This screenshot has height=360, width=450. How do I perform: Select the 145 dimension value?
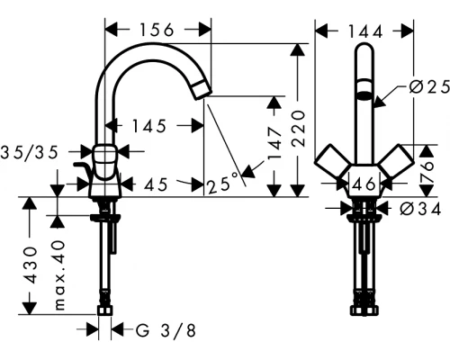point(147,127)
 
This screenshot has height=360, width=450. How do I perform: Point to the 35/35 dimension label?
point(34,153)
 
